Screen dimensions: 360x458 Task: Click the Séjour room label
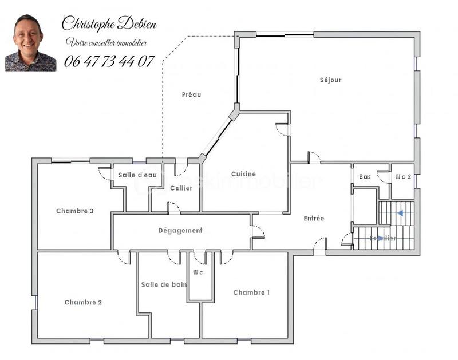pyautogui.click(x=330, y=80)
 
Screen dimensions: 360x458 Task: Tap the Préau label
pyautogui.click(x=191, y=94)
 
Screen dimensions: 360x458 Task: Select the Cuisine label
pyautogui.click(x=243, y=174)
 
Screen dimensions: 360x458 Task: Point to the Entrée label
pyautogui.click(x=314, y=218)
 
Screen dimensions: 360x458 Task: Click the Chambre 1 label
pyautogui.click(x=251, y=292)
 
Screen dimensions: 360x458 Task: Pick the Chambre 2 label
pyautogui.click(x=83, y=302)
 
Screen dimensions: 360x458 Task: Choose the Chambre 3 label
pyautogui.click(x=74, y=211)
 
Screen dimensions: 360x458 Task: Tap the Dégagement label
pyautogui.click(x=180, y=230)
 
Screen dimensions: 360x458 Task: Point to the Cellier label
pyautogui.click(x=181, y=188)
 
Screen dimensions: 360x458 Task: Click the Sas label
pyautogui.click(x=365, y=177)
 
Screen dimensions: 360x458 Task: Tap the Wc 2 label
pyautogui.click(x=402, y=177)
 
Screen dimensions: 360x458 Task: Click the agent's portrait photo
pyautogui.click(x=30, y=43)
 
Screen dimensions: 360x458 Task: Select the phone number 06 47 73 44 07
pyautogui.click(x=109, y=61)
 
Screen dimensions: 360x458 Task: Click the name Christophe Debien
pyautogui.click(x=109, y=23)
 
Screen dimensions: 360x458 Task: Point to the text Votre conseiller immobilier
pyautogui.click(x=106, y=42)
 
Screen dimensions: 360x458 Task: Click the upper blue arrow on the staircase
pyautogui.click(x=400, y=213)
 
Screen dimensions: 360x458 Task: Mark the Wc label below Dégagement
pyautogui.click(x=198, y=272)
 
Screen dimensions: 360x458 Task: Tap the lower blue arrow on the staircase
pyautogui.click(x=380, y=238)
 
